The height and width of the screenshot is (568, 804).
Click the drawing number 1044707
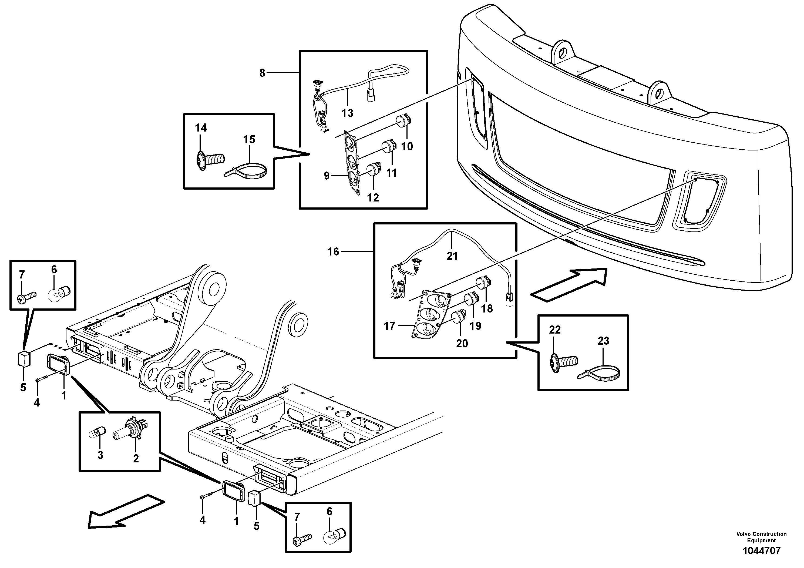coord(761,551)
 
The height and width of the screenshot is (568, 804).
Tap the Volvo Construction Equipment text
coord(761,537)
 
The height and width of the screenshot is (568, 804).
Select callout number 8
coord(262,73)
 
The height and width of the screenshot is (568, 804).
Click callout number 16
coord(333,251)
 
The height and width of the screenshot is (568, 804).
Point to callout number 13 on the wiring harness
coord(347,113)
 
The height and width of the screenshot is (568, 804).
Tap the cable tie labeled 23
coord(600,373)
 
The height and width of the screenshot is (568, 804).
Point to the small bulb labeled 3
coord(98,433)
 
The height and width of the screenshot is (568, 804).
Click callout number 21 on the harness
coord(452,256)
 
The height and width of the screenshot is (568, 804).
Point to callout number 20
coord(462,343)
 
